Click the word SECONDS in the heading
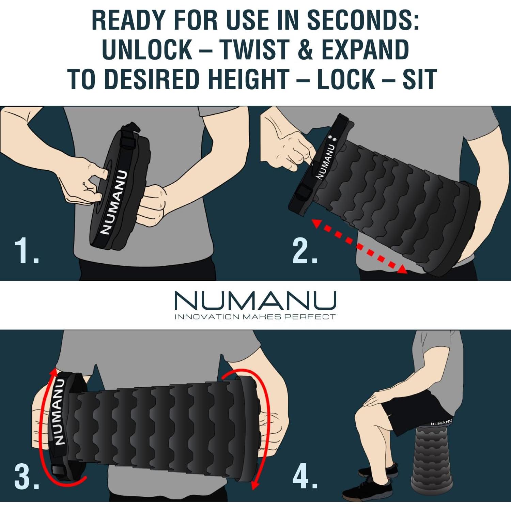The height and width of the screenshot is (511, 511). (x=363, y=20)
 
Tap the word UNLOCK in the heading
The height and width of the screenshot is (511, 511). (x=147, y=50)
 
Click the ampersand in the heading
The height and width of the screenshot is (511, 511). (x=306, y=50)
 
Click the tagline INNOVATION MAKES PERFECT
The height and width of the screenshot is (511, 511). (x=255, y=317)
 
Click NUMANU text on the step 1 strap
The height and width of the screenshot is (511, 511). (x=113, y=202)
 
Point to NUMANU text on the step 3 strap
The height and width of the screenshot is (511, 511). (x=59, y=412)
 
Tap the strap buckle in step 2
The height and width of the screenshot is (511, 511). (x=300, y=196)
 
